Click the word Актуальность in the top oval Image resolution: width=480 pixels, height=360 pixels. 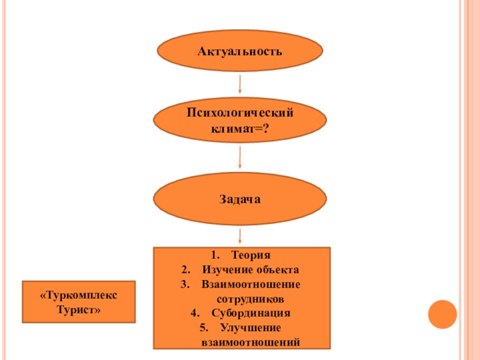point(240,52)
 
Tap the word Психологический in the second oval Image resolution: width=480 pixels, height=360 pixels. point(240,112)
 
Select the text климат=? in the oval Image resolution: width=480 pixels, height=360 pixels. point(240,128)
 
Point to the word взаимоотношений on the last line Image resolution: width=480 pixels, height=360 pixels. point(250,343)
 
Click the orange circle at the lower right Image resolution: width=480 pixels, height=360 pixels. point(443,313)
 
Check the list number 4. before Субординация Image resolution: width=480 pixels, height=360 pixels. point(194,313)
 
